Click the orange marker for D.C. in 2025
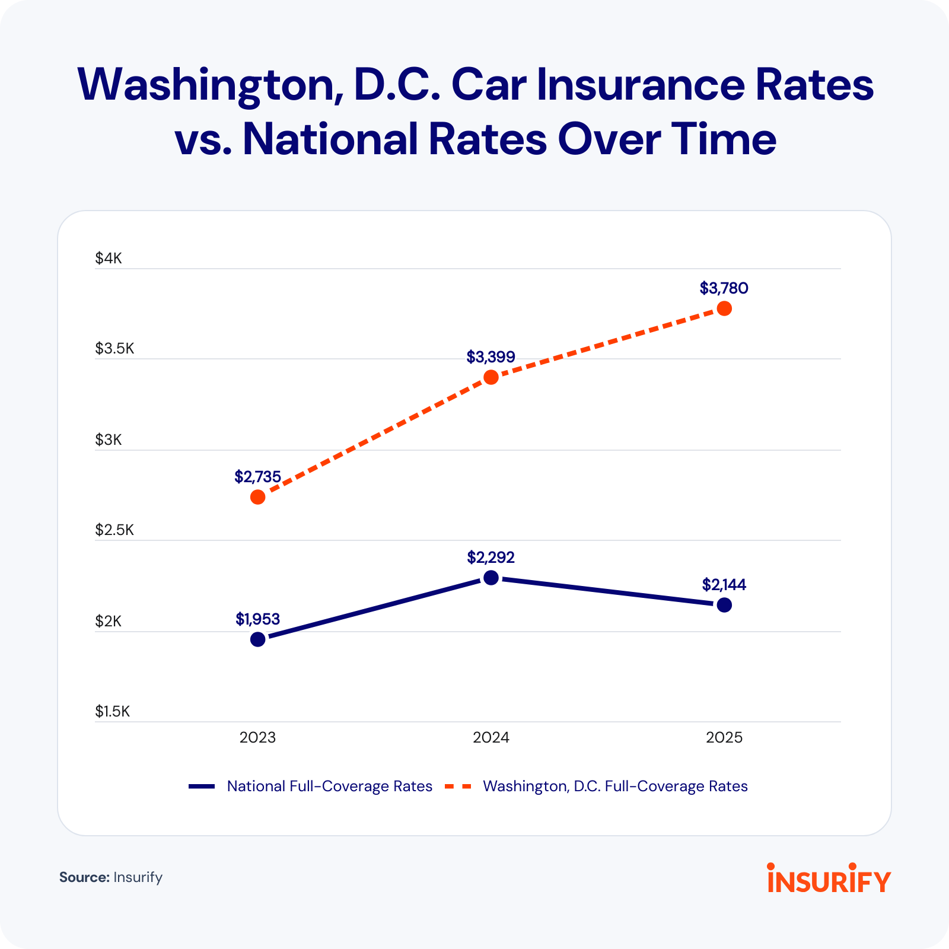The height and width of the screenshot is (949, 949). (x=724, y=308)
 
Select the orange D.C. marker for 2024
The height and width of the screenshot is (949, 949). (x=491, y=377)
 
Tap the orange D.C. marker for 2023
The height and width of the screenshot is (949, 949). (x=258, y=497)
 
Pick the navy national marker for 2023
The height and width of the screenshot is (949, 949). (x=258, y=639)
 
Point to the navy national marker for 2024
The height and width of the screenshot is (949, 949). (x=491, y=578)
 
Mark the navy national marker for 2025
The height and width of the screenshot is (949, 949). (x=724, y=605)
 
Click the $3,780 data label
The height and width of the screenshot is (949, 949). (x=724, y=288)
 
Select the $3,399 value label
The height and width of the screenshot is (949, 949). (x=491, y=357)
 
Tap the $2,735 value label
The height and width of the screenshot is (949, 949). (x=257, y=477)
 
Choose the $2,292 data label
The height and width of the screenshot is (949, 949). (x=491, y=558)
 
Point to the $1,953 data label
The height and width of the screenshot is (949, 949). (x=257, y=619)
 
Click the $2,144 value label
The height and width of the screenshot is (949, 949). (x=724, y=585)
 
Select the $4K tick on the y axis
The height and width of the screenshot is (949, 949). (x=109, y=259)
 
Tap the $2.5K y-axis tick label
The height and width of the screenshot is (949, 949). (x=114, y=530)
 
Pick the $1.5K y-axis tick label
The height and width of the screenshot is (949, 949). (x=112, y=712)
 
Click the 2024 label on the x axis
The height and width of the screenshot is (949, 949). (x=491, y=738)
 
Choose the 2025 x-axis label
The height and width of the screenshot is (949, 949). (x=724, y=738)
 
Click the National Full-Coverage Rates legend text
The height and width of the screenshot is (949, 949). (x=330, y=786)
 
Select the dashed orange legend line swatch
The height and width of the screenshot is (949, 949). (x=458, y=786)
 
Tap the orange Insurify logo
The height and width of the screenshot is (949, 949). (x=829, y=879)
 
